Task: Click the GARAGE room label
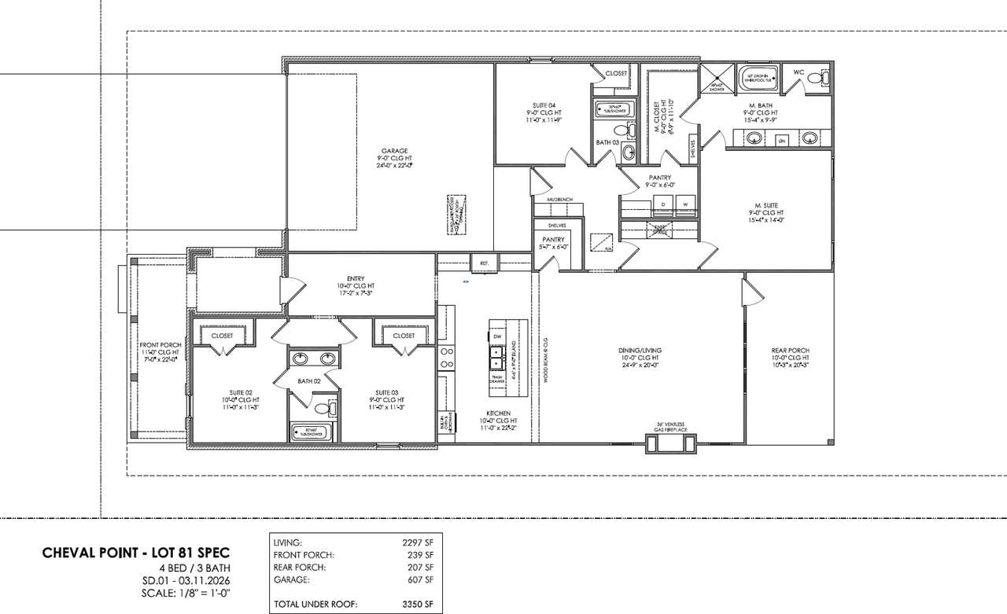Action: (395, 151)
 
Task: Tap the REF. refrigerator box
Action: (485, 263)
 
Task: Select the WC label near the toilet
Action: (799, 72)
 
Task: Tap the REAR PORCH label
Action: (790, 351)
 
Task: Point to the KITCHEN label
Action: (498, 413)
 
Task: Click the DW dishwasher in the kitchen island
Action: (497, 336)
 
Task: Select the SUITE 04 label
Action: (542, 105)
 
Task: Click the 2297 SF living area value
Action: (417, 542)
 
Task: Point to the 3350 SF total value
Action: (417, 605)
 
